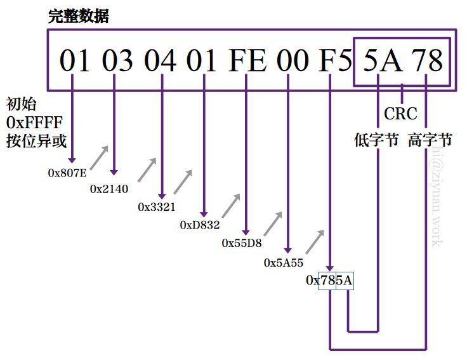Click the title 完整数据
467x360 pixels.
[x=79, y=16]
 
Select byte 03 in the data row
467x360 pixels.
[x=118, y=61]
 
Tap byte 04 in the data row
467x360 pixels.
[x=160, y=61]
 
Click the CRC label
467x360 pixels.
[x=401, y=114]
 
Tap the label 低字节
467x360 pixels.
[x=376, y=140]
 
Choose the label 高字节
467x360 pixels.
[x=430, y=140]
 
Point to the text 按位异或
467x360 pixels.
[x=36, y=141]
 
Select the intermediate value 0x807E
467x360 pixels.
[x=67, y=172]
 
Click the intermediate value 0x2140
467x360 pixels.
[x=109, y=189]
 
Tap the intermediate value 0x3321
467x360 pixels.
[x=157, y=207]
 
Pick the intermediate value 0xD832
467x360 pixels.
[x=199, y=225]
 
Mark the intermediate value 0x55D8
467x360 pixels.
[x=242, y=243]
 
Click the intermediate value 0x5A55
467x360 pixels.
[x=284, y=262]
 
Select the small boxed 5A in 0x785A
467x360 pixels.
[x=345, y=280]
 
